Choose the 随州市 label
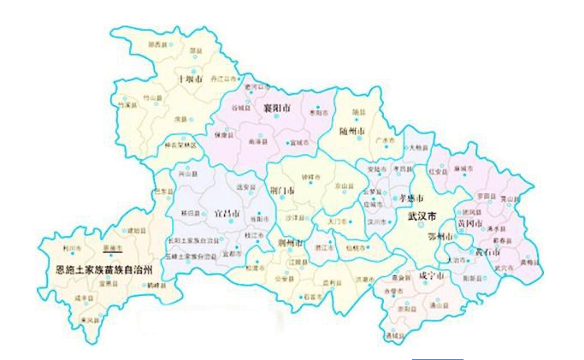(351, 130)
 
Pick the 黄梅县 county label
(529, 262)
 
